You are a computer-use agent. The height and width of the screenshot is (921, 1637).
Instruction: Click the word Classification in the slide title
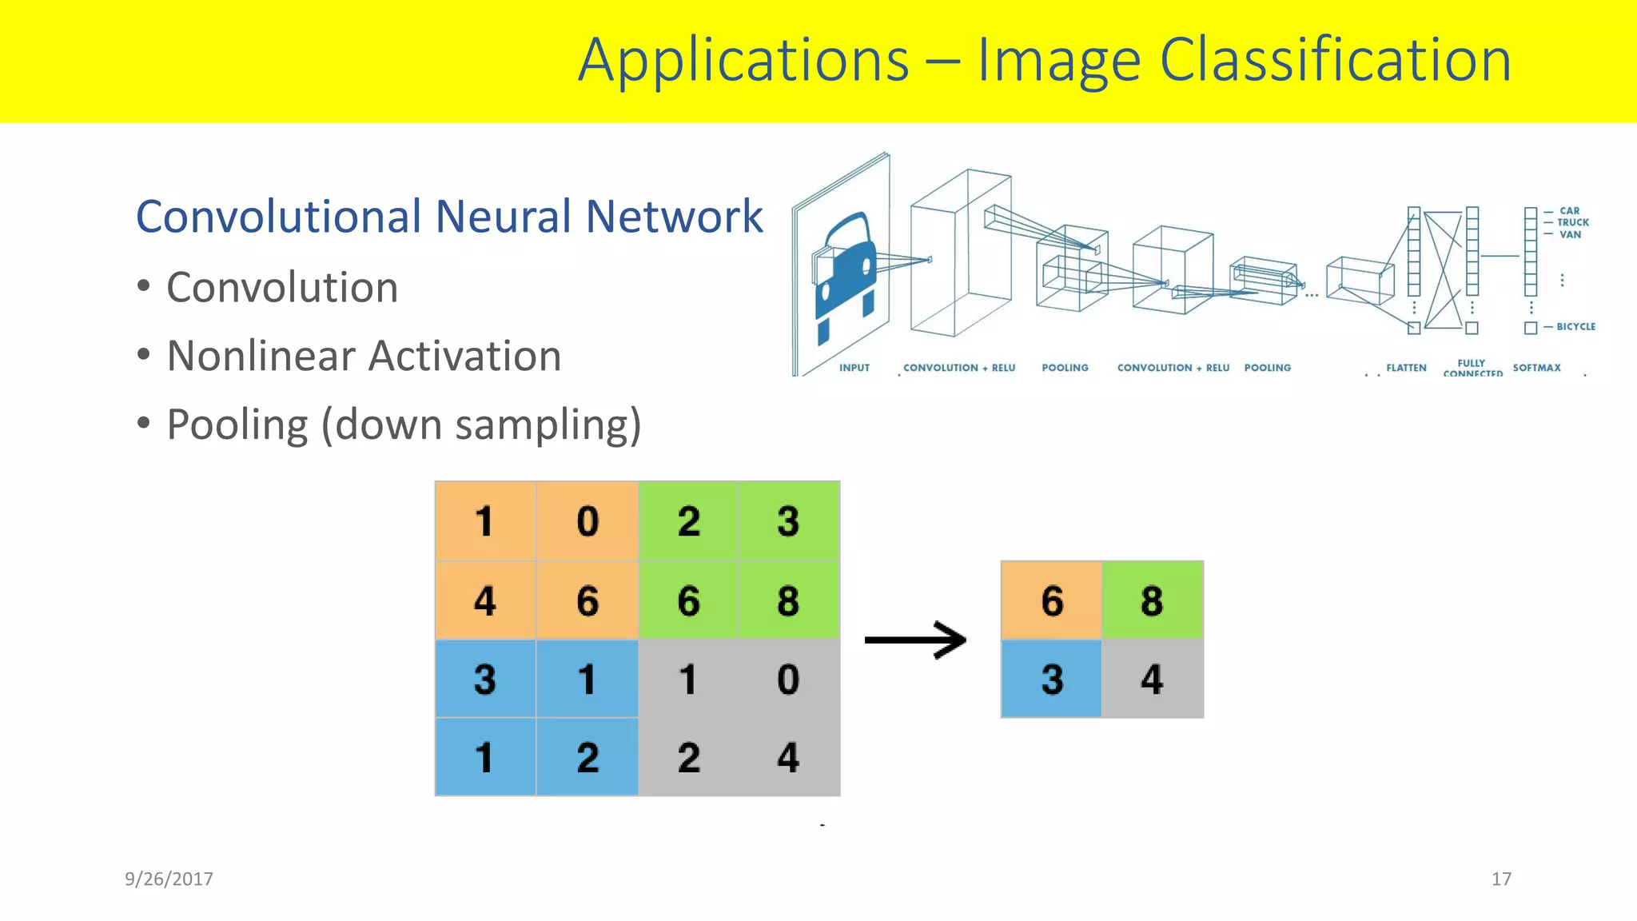point(1335,61)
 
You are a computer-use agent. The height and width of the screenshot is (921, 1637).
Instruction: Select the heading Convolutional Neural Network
point(449,217)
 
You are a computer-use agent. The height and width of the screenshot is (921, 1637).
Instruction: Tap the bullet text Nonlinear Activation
point(364,356)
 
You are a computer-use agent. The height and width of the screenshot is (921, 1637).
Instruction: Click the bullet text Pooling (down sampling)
point(404,425)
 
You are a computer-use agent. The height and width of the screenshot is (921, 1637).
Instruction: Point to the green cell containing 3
point(788,521)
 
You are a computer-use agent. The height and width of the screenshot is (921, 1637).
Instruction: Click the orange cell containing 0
point(587,521)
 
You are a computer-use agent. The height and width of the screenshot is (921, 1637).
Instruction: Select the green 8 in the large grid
point(788,600)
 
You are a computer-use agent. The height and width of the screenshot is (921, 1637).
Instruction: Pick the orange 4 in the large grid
point(485,600)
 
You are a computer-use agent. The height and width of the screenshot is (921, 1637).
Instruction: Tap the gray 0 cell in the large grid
point(788,679)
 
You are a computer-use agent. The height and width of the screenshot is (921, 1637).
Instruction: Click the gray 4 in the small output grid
point(1152,679)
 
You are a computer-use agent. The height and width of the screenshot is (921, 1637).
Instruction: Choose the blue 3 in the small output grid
point(1052,679)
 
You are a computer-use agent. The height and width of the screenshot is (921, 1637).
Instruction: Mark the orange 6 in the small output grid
point(1052,600)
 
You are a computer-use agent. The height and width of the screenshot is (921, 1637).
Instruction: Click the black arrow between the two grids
point(916,640)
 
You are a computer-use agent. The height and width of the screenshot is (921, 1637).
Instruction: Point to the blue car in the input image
point(846,272)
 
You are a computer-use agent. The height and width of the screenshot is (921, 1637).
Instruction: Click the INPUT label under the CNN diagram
point(854,368)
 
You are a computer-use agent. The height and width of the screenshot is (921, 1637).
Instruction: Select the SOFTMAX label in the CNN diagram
point(1536,368)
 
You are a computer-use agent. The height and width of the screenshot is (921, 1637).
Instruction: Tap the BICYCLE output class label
point(1575,327)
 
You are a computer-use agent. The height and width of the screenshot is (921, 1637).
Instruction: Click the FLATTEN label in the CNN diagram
point(1406,368)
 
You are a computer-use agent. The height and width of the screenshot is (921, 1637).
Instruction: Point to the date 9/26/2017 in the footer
point(169,879)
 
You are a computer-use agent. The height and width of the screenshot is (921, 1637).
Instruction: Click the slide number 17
point(1501,879)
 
